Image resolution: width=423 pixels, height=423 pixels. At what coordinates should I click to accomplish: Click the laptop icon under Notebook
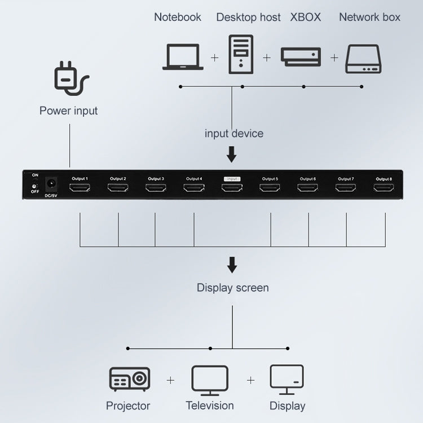(183, 56)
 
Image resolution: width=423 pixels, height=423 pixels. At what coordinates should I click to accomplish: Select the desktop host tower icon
(241, 55)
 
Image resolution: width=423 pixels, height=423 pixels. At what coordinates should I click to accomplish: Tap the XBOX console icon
(301, 57)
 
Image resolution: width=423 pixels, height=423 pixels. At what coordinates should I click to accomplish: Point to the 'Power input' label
(68, 111)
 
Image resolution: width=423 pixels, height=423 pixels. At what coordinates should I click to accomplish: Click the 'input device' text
(233, 134)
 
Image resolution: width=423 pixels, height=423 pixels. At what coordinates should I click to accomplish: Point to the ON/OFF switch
(34, 184)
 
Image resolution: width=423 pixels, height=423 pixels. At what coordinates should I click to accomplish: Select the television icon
(210, 380)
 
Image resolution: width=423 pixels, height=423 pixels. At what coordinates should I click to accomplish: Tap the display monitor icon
(287, 379)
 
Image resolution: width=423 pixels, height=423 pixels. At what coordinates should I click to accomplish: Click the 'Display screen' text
(232, 288)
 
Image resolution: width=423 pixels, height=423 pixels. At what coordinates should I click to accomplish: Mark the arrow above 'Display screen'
(232, 265)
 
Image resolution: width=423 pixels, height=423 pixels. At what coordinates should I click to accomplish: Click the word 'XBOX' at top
(305, 17)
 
